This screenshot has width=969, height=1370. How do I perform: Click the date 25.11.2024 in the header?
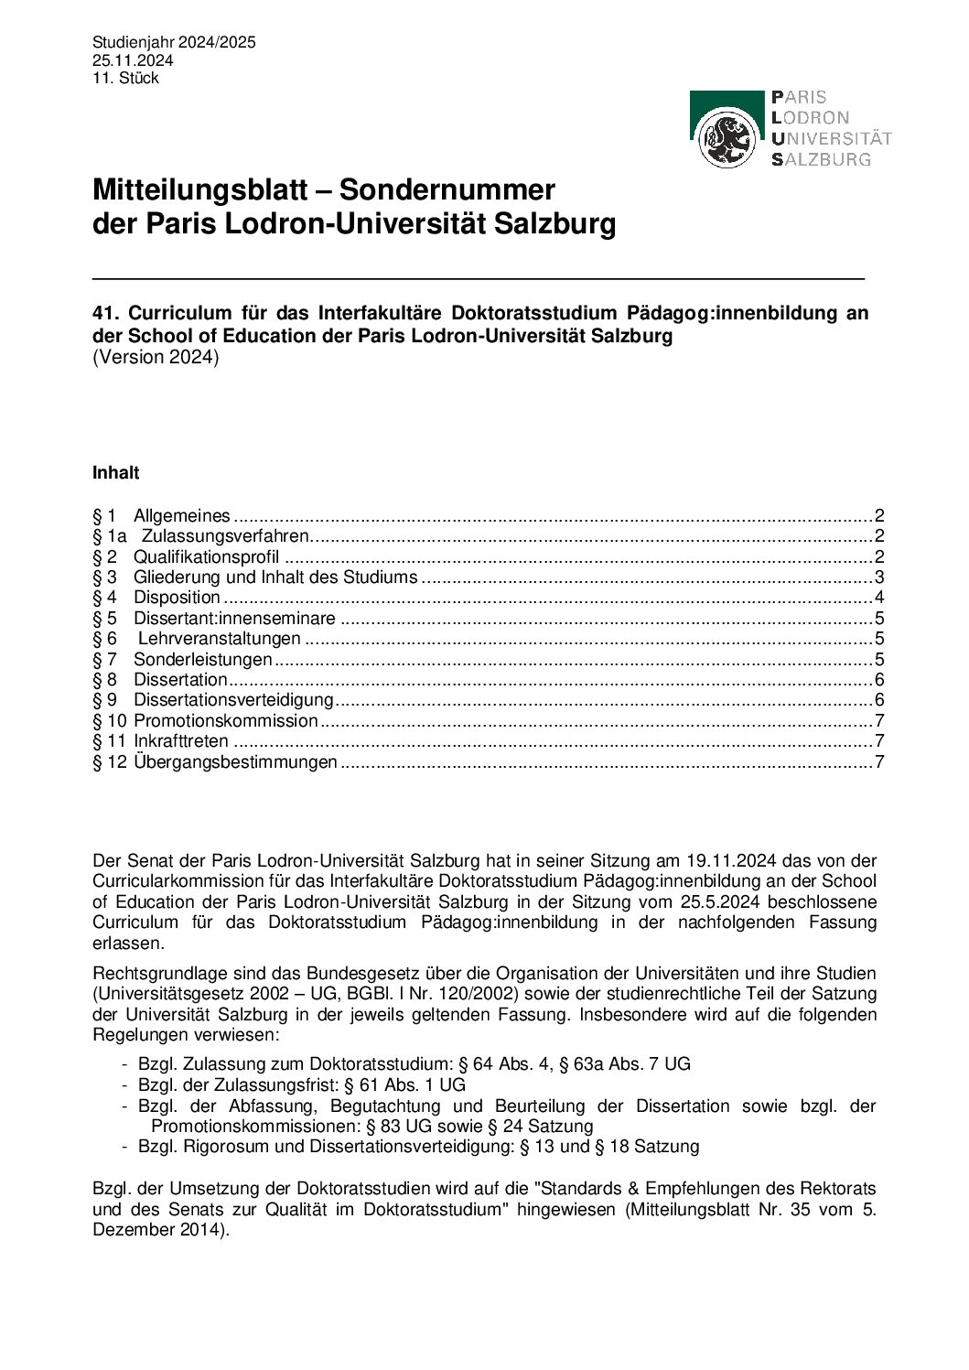(133, 60)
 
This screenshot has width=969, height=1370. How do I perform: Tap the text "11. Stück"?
(125, 78)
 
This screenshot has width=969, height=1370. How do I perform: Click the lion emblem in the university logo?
(727, 139)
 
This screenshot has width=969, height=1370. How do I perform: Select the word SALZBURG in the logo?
(822, 159)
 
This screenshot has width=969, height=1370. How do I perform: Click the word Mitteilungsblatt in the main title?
(199, 190)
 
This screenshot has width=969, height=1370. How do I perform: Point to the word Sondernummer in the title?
(447, 190)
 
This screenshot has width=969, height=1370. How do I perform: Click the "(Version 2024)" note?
(156, 357)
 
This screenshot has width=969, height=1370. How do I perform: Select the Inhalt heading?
(115, 473)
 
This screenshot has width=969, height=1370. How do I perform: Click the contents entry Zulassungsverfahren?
(225, 536)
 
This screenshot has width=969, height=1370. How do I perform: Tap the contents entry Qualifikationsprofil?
(206, 556)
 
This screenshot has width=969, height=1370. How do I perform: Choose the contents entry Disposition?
(177, 598)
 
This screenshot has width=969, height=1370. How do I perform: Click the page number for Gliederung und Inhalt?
(879, 577)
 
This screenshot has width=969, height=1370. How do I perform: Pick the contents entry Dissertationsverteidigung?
(233, 700)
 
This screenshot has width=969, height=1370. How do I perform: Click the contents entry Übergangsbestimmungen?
(235, 762)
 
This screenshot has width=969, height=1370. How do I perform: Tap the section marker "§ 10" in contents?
(109, 721)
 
